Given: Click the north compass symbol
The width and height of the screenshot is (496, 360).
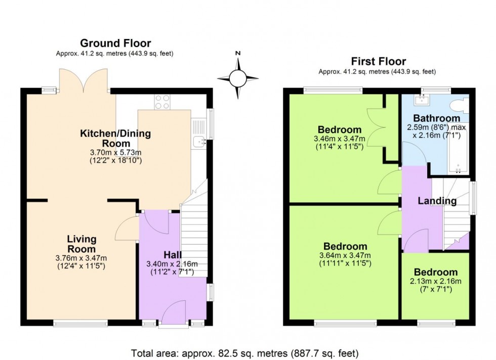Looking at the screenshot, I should click(x=237, y=78).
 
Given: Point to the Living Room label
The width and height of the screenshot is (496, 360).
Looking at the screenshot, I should click(x=81, y=244).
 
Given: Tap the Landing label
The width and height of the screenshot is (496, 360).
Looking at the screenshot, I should click(x=437, y=201).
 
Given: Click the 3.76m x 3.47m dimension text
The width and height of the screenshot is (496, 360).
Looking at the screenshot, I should click(x=81, y=258).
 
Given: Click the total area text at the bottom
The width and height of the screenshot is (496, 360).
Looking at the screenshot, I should click(x=245, y=352).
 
